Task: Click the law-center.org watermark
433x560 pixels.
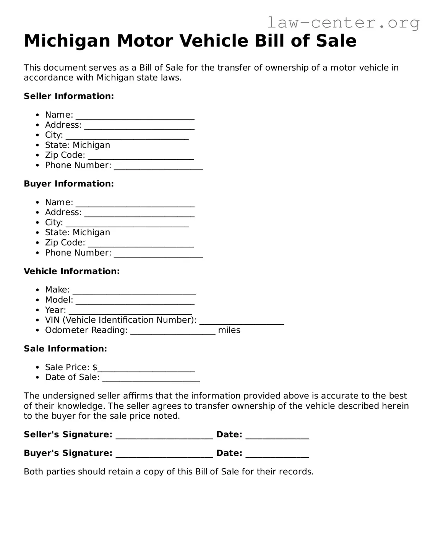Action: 343,23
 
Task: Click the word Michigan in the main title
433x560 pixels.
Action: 67,41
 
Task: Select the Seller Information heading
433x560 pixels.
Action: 69,96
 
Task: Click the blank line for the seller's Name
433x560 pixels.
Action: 135,116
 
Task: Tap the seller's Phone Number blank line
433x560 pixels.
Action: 158,166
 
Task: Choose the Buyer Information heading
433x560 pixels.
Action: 69,184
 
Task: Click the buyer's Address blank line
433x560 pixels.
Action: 139,213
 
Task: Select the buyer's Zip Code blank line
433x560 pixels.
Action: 141,243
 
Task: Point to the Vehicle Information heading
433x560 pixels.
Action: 72,271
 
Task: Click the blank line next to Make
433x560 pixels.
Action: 134,291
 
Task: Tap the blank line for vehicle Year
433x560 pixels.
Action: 130,311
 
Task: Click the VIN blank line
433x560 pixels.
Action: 242,321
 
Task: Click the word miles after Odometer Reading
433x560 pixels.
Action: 229,330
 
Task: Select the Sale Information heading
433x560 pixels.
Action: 65,349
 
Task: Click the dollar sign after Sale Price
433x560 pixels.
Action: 95,367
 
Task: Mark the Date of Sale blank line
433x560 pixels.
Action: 151,378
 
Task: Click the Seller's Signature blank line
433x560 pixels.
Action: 164,435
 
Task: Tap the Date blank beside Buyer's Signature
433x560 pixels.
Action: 277,454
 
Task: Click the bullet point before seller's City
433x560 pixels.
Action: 37,135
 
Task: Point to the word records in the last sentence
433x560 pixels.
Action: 295,472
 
